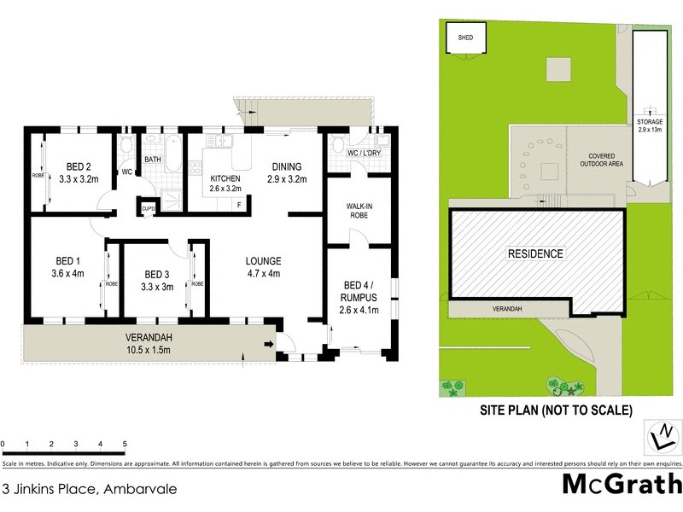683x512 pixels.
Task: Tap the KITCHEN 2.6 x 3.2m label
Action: click(x=226, y=183)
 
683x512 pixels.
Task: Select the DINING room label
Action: click(x=286, y=172)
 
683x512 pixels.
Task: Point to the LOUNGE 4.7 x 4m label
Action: click(x=263, y=267)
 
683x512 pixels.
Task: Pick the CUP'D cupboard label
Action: click(x=148, y=207)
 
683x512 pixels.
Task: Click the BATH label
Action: click(x=153, y=160)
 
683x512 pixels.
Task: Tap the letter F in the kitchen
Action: click(x=239, y=204)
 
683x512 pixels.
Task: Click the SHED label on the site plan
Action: click(x=465, y=38)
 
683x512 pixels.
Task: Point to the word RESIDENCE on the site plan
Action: click(x=535, y=253)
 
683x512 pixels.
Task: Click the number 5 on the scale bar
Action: click(x=125, y=445)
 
